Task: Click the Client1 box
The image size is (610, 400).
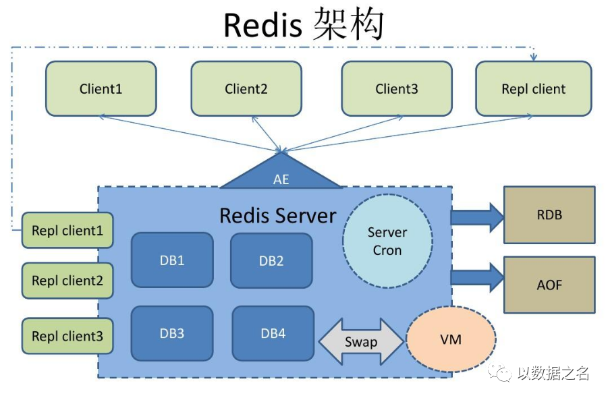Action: [101, 88]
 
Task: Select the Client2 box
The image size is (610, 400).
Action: [246, 88]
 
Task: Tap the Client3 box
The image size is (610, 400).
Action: [397, 88]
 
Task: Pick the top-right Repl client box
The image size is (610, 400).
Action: [534, 88]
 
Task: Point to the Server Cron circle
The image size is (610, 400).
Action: [387, 241]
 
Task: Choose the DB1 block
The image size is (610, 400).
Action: [172, 260]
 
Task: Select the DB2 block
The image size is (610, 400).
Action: [271, 260]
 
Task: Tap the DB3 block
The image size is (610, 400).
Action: [172, 333]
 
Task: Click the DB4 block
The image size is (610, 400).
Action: [273, 333]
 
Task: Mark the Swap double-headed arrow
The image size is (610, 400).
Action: [360, 341]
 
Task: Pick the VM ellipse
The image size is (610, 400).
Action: [451, 339]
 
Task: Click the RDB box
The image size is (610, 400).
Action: [549, 215]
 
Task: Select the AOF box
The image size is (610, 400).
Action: [549, 285]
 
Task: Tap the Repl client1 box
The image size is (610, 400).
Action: [67, 231]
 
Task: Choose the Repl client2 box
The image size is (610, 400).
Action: [67, 281]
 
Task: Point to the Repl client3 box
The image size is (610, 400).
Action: [67, 335]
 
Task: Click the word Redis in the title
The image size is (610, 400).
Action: [262, 26]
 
